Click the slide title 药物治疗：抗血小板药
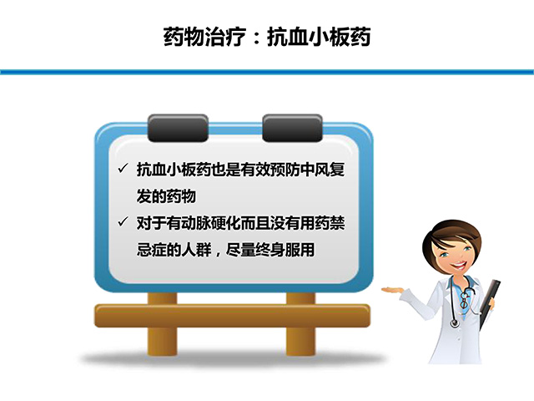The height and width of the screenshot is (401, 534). point(267,38)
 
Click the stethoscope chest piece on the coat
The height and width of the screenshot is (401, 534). point(454,322)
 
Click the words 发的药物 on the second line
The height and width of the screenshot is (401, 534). point(166,196)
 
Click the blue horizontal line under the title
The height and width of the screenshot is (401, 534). point(267,72)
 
